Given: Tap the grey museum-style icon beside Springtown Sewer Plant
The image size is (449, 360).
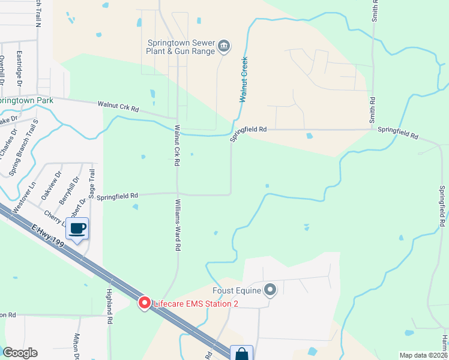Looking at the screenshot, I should (x=224, y=46).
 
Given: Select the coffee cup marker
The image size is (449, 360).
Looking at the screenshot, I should (x=78, y=229).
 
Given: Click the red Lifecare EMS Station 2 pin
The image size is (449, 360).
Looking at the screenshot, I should (x=144, y=303).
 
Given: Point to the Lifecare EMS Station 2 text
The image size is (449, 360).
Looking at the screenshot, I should (x=196, y=304).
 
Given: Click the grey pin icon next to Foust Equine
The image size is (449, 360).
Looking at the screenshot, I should (x=270, y=290).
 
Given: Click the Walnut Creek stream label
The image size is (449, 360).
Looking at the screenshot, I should (x=244, y=80).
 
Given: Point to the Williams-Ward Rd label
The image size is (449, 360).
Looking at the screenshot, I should (x=178, y=225).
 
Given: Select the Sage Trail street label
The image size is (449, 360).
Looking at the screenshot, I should (x=92, y=183).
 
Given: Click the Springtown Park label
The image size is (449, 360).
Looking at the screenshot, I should (x=27, y=101).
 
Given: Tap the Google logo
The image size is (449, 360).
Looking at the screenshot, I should (x=20, y=353).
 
